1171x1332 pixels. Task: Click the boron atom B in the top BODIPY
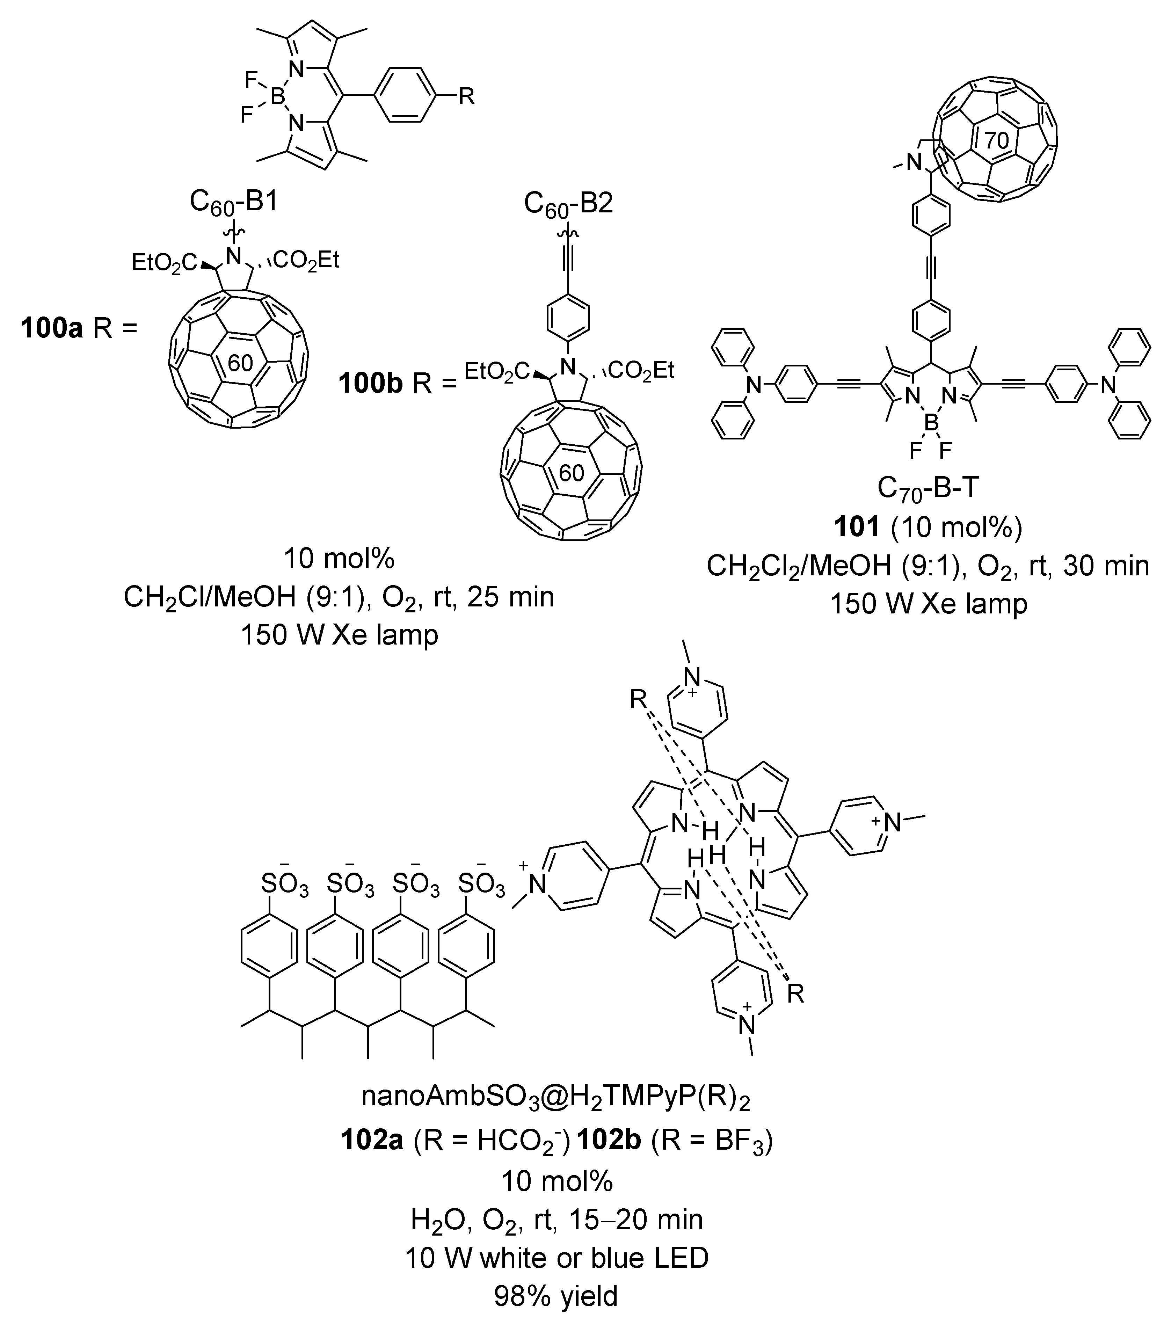277,98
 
